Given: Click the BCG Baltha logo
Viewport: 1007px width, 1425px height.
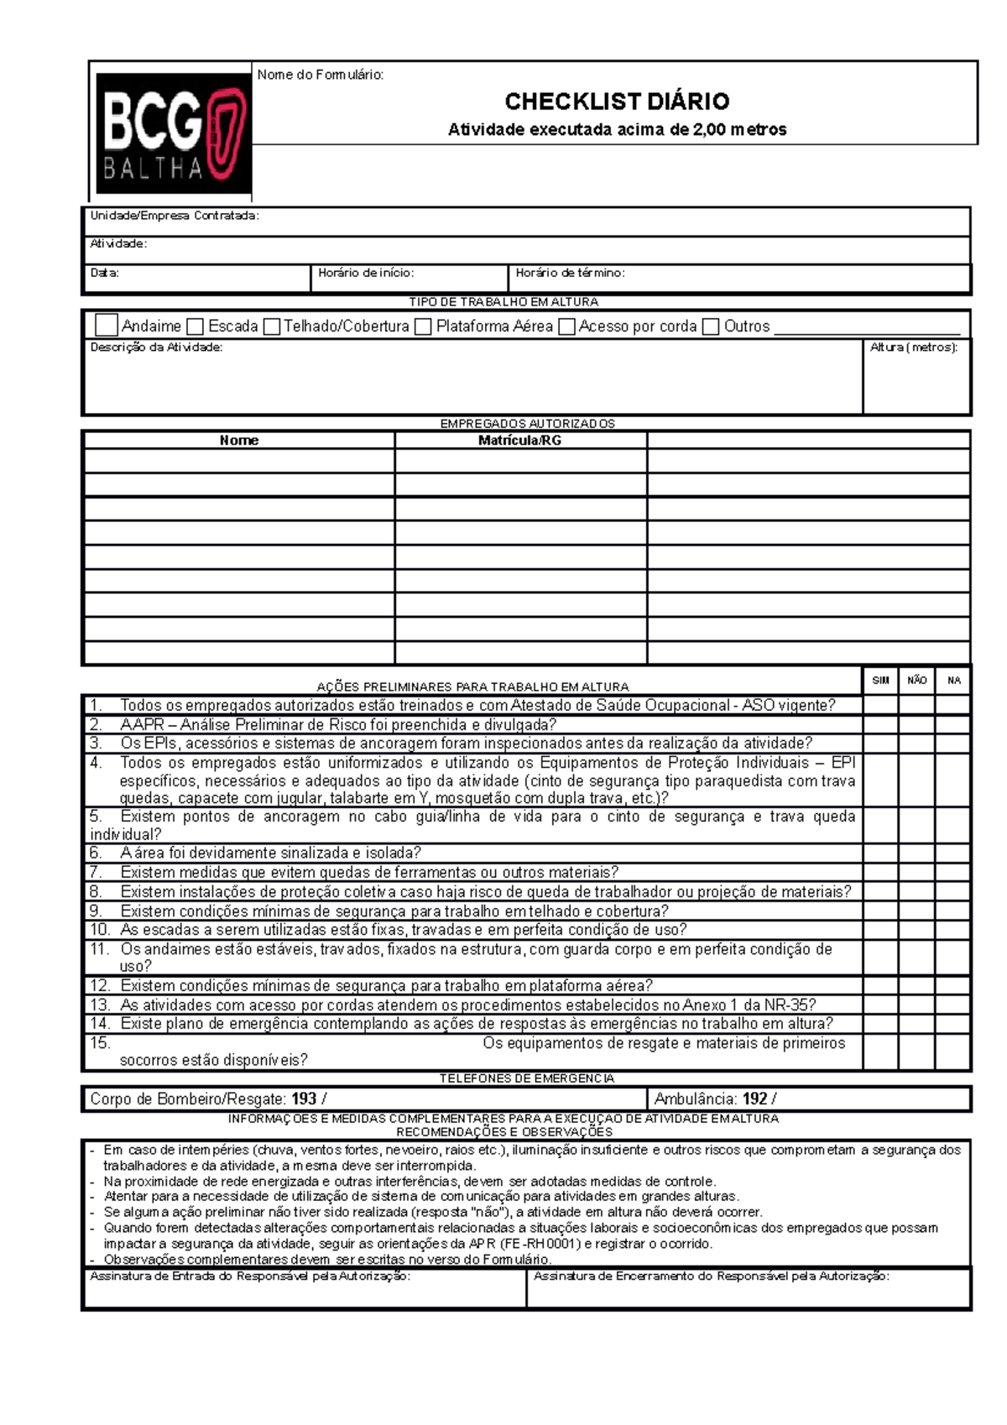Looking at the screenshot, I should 174,133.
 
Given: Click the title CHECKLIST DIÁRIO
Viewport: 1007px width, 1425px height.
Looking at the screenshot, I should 617,102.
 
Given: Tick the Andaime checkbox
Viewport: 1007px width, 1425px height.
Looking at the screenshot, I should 107,326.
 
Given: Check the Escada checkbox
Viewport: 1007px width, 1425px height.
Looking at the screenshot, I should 196,326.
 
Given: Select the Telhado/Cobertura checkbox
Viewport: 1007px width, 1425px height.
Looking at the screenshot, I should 271,326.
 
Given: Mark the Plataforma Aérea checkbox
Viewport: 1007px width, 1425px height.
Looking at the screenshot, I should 423,326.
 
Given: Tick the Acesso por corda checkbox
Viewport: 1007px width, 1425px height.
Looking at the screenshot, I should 566,326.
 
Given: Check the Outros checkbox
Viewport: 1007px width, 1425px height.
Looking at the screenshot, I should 711,326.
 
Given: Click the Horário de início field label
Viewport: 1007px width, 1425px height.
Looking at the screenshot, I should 366,273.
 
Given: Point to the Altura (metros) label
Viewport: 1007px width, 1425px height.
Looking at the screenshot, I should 914,347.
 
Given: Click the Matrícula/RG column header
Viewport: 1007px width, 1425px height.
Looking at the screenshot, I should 519,441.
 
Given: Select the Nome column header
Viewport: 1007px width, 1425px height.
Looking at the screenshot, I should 239,441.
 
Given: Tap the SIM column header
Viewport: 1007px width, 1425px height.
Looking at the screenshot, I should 880,681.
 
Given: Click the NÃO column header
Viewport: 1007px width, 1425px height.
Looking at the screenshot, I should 916,681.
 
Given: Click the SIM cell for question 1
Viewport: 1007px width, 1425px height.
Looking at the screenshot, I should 880,705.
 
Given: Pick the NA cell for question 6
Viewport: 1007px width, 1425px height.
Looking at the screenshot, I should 953,853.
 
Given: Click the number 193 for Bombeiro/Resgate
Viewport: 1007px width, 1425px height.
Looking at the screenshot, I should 304,1099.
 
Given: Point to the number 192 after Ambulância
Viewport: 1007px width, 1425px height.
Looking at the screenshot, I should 754,1099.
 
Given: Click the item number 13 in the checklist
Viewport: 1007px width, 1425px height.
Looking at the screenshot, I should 100,1005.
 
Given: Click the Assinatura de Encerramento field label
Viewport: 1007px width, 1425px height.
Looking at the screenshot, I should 711,1276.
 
